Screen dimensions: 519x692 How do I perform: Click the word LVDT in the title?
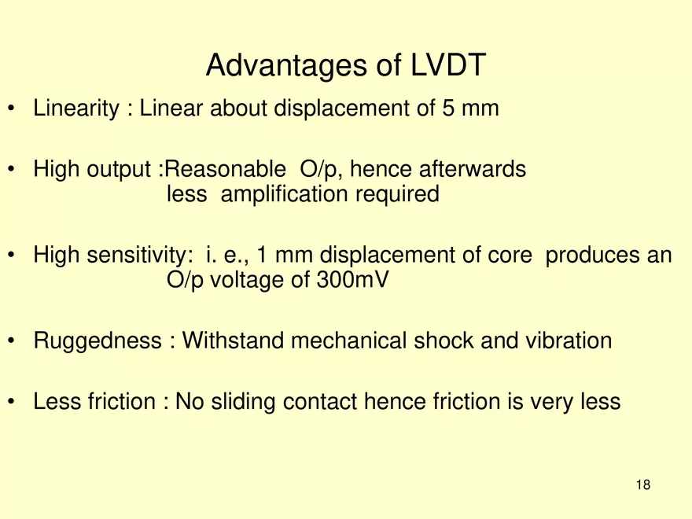point(447,67)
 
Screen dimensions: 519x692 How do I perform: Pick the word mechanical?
point(350,340)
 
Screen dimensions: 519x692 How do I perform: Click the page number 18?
point(643,485)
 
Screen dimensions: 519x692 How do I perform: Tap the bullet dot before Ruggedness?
point(12,341)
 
